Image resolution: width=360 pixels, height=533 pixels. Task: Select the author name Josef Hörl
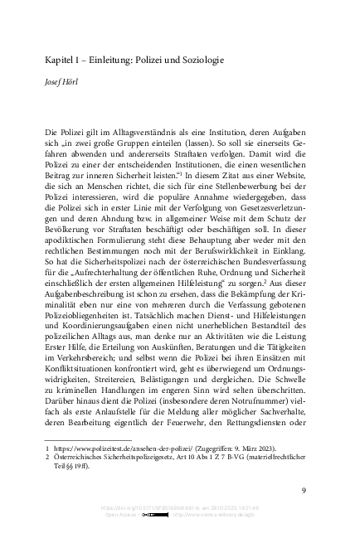[x=64, y=83]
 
